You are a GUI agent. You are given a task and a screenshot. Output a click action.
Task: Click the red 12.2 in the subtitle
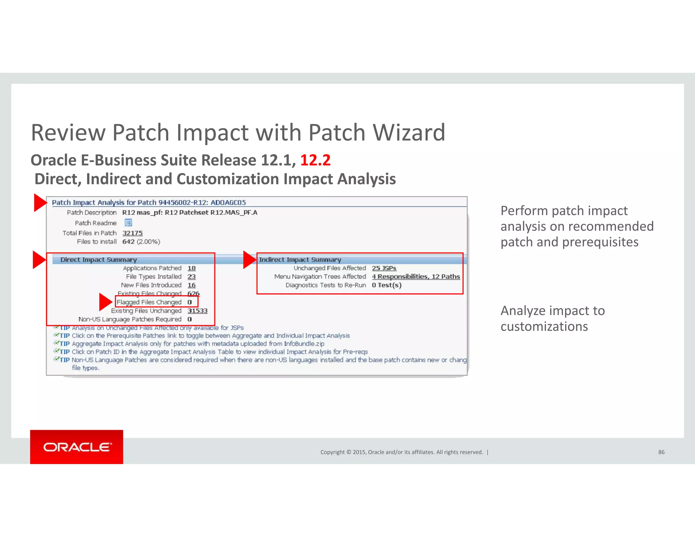(315, 160)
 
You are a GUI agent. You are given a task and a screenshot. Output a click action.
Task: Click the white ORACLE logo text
(77, 447)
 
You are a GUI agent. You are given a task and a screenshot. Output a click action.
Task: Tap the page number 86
(661, 452)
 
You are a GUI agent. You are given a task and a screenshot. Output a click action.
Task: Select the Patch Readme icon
(128, 223)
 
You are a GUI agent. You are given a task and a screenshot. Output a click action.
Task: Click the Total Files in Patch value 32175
(132, 233)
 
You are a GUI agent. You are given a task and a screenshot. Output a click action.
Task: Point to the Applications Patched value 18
(191, 268)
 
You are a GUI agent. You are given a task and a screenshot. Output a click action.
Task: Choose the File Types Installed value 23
(191, 277)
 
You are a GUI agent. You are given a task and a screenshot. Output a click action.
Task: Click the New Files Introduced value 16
(191, 285)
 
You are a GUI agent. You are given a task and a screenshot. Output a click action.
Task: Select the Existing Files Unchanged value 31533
(197, 311)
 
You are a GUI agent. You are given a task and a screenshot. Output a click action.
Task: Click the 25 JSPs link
(384, 268)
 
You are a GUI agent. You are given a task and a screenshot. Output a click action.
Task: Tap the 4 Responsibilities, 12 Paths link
(416, 277)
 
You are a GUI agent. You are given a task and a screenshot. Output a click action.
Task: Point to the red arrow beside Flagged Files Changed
(105, 302)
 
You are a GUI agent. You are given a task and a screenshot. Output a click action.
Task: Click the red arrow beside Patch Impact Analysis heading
(40, 203)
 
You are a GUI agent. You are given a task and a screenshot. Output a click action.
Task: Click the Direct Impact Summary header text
(98, 260)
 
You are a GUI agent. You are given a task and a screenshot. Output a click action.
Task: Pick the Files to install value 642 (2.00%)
(141, 242)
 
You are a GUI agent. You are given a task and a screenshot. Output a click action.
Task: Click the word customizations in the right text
(544, 327)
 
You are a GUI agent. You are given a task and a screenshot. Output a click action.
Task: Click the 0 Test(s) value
(387, 285)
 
